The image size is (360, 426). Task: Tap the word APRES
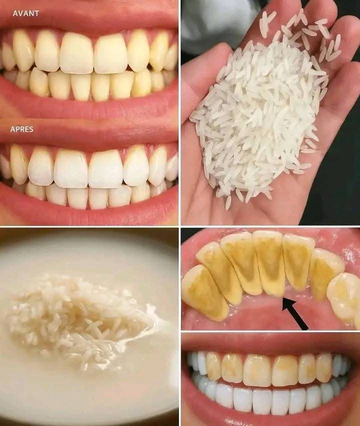click(x=22, y=128)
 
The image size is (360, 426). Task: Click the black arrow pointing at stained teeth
click(x=295, y=313)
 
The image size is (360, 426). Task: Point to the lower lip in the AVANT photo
click(x=90, y=107)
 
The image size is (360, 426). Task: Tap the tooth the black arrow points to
click(x=270, y=265)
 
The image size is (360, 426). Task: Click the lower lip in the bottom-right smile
click(x=270, y=419)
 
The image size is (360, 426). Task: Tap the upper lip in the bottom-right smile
click(x=270, y=342)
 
